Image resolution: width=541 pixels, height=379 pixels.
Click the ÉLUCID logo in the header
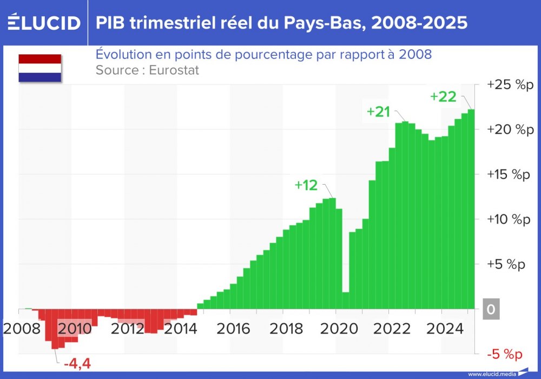[44, 23]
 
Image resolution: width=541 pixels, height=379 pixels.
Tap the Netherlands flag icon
[39, 68]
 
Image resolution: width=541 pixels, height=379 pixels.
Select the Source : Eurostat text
[147, 70]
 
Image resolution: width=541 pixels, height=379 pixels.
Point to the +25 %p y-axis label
[510, 85]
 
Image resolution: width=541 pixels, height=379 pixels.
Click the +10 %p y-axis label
[510, 219]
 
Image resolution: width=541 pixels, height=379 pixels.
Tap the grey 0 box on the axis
[491, 309]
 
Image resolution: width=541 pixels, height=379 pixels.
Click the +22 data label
[443, 97]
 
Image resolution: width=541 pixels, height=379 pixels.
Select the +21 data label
[378, 112]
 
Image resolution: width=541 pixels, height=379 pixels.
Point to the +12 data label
[306, 185]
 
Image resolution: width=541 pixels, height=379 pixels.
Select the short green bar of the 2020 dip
[345, 300]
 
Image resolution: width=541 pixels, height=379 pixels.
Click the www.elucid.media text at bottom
[491, 374]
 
